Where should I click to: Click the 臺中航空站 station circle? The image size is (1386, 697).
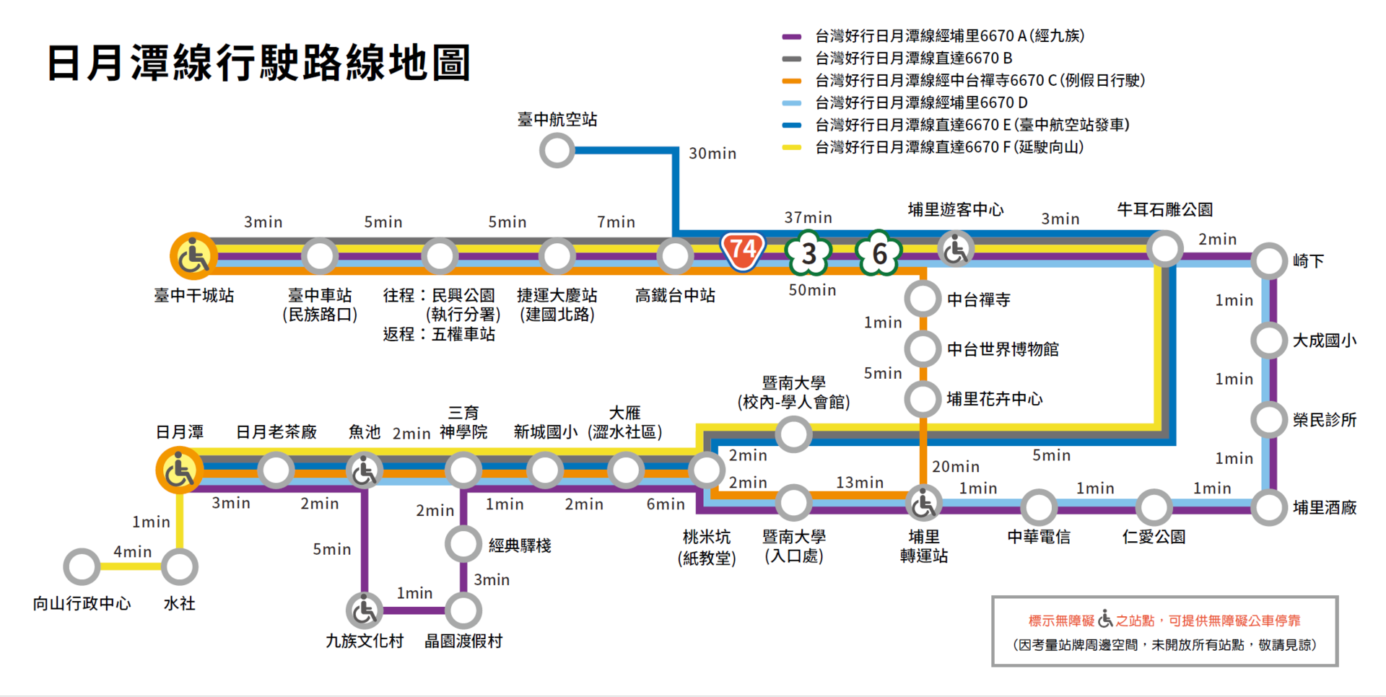pyautogui.click(x=557, y=151)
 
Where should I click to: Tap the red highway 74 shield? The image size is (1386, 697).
pyautogui.click(x=743, y=251)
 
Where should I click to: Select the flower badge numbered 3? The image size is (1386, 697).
pyautogui.click(x=808, y=253)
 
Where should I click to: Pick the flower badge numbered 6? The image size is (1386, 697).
pyautogui.click(x=879, y=253)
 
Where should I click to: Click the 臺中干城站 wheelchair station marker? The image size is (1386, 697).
pyautogui.click(x=193, y=256)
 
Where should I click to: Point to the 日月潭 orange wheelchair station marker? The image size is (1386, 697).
pyautogui.click(x=179, y=470)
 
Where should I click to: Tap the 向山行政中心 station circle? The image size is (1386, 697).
pyautogui.click(x=82, y=567)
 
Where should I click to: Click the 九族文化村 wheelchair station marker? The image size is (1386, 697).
pyautogui.click(x=365, y=611)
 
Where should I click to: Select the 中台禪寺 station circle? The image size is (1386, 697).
pyautogui.click(x=923, y=299)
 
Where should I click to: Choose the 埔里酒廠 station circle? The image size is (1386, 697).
pyautogui.click(x=1269, y=507)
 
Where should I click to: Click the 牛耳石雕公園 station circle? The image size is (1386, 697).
pyautogui.click(x=1164, y=249)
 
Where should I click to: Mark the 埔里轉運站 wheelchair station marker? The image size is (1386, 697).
pyautogui.click(x=923, y=504)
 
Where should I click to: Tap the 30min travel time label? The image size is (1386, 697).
pyautogui.click(x=712, y=154)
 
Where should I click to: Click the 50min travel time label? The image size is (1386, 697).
pyautogui.click(x=812, y=290)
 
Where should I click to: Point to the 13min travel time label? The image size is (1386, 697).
pyautogui.click(x=859, y=483)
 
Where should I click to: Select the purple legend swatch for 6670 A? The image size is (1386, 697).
pyautogui.click(x=792, y=36)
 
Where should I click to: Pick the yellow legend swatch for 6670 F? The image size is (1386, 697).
pyautogui.click(x=792, y=147)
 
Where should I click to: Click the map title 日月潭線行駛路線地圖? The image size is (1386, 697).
pyautogui.click(x=258, y=63)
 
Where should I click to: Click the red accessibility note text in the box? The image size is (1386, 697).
pyautogui.click(x=1164, y=621)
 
